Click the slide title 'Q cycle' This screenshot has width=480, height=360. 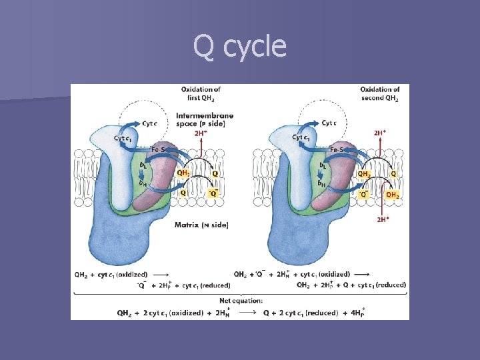coord(240,47)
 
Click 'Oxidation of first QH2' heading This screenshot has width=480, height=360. coord(201,93)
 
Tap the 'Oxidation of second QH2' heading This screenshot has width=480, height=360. coord(379,93)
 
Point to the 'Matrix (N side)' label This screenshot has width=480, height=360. coord(201,225)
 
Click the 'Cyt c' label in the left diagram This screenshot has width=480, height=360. coord(149,123)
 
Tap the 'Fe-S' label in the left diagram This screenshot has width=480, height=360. coord(159,150)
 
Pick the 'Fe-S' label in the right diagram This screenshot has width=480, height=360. coord(338,150)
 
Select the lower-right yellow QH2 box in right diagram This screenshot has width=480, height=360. coord(393,195)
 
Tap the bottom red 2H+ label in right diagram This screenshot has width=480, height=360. coord(381,219)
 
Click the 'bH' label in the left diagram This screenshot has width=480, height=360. coord(143,182)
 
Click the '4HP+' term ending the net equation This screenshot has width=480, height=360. coord(357,313)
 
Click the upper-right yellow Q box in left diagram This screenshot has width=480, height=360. coord(214,173)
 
